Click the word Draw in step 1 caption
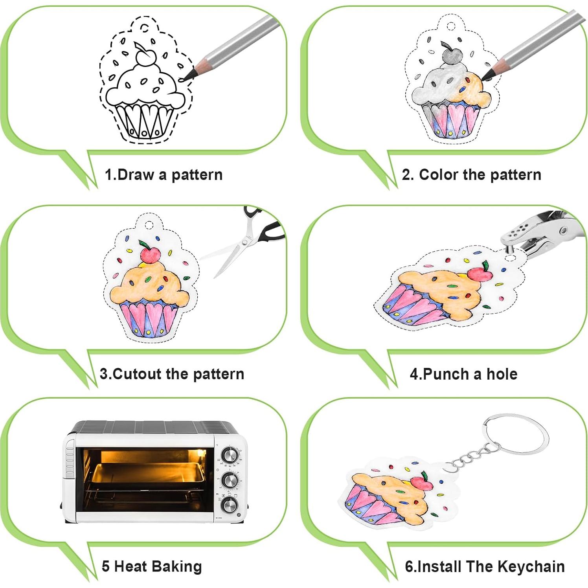pyautogui.click(x=135, y=175)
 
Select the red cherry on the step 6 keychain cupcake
pyautogui.click(x=422, y=482)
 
